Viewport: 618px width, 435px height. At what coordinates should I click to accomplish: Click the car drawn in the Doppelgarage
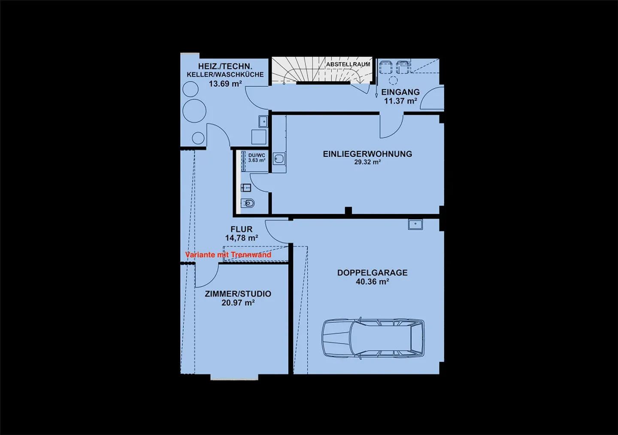pyautogui.click(x=373, y=338)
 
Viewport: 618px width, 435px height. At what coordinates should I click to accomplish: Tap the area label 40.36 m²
pyautogui.click(x=373, y=282)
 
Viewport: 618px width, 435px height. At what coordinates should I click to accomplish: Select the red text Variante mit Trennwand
pyautogui.click(x=228, y=255)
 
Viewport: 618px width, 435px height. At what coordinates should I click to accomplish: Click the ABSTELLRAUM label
pyautogui.click(x=348, y=64)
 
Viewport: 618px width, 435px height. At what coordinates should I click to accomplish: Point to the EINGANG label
pyautogui.click(x=400, y=92)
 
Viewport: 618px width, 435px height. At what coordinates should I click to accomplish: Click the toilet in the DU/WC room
pyautogui.click(x=248, y=204)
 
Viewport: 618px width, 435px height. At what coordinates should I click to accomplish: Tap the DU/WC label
pyautogui.click(x=257, y=156)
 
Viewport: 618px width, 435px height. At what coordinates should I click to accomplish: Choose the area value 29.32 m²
pyautogui.click(x=367, y=162)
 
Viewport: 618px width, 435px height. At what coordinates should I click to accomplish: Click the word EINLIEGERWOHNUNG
pyautogui.click(x=367, y=154)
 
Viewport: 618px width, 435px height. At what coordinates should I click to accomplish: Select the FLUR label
pyautogui.click(x=241, y=229)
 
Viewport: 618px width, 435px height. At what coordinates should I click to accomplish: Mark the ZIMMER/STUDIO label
pyautogui.click(x=238, y=294)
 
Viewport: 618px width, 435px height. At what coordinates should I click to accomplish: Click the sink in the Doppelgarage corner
pyautogui.click(x=415, y=224)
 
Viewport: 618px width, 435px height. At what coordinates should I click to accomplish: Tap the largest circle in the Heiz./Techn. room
pyautogui.click(x=194, y=111)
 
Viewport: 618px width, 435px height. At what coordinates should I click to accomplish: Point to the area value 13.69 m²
pyautogui.click(x=225, y=84)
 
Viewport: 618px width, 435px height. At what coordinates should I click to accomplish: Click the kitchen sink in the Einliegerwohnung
pyautogui.click(x=279, y=159)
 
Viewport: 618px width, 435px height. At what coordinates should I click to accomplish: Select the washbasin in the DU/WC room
pyautogui.click(x=246, y=188)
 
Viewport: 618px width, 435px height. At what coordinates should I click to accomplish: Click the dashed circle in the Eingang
pyautogui.click(x=393, y=81)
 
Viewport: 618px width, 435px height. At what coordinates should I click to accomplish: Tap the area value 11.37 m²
pyautogui.click(x=400, y=101)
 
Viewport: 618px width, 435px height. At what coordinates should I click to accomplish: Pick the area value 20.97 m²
pyautogui.click(x=238, y=303)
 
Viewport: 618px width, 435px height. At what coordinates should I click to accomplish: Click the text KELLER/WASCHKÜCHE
pyautogui.click(x=225, y=75)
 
